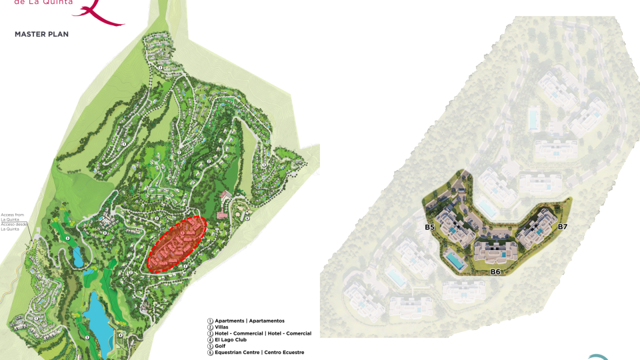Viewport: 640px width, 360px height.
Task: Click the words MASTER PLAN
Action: [x=41, y=33]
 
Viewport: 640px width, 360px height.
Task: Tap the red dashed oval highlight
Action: [x=176, y=243]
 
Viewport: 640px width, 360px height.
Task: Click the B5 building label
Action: [x=430, y=228]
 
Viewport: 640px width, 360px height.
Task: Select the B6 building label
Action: [x=495, y=272]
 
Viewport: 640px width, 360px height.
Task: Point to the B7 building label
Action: [x=563, y=227]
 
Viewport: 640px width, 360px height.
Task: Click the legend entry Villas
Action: [x=222, y=327]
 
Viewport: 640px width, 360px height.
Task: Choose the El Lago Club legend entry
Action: [x=233, y=339]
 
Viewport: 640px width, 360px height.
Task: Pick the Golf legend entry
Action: [x=221, y=345]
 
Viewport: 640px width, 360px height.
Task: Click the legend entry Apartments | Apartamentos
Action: [x=249, y=321]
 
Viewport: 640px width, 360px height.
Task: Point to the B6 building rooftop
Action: [x=495, y=252]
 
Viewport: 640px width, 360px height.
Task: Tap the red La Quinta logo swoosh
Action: [x=100, y=13]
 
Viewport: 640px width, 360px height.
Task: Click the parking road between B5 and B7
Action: [x=497, y=231]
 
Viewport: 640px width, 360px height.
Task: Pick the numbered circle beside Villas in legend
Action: [x=210, y=327]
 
